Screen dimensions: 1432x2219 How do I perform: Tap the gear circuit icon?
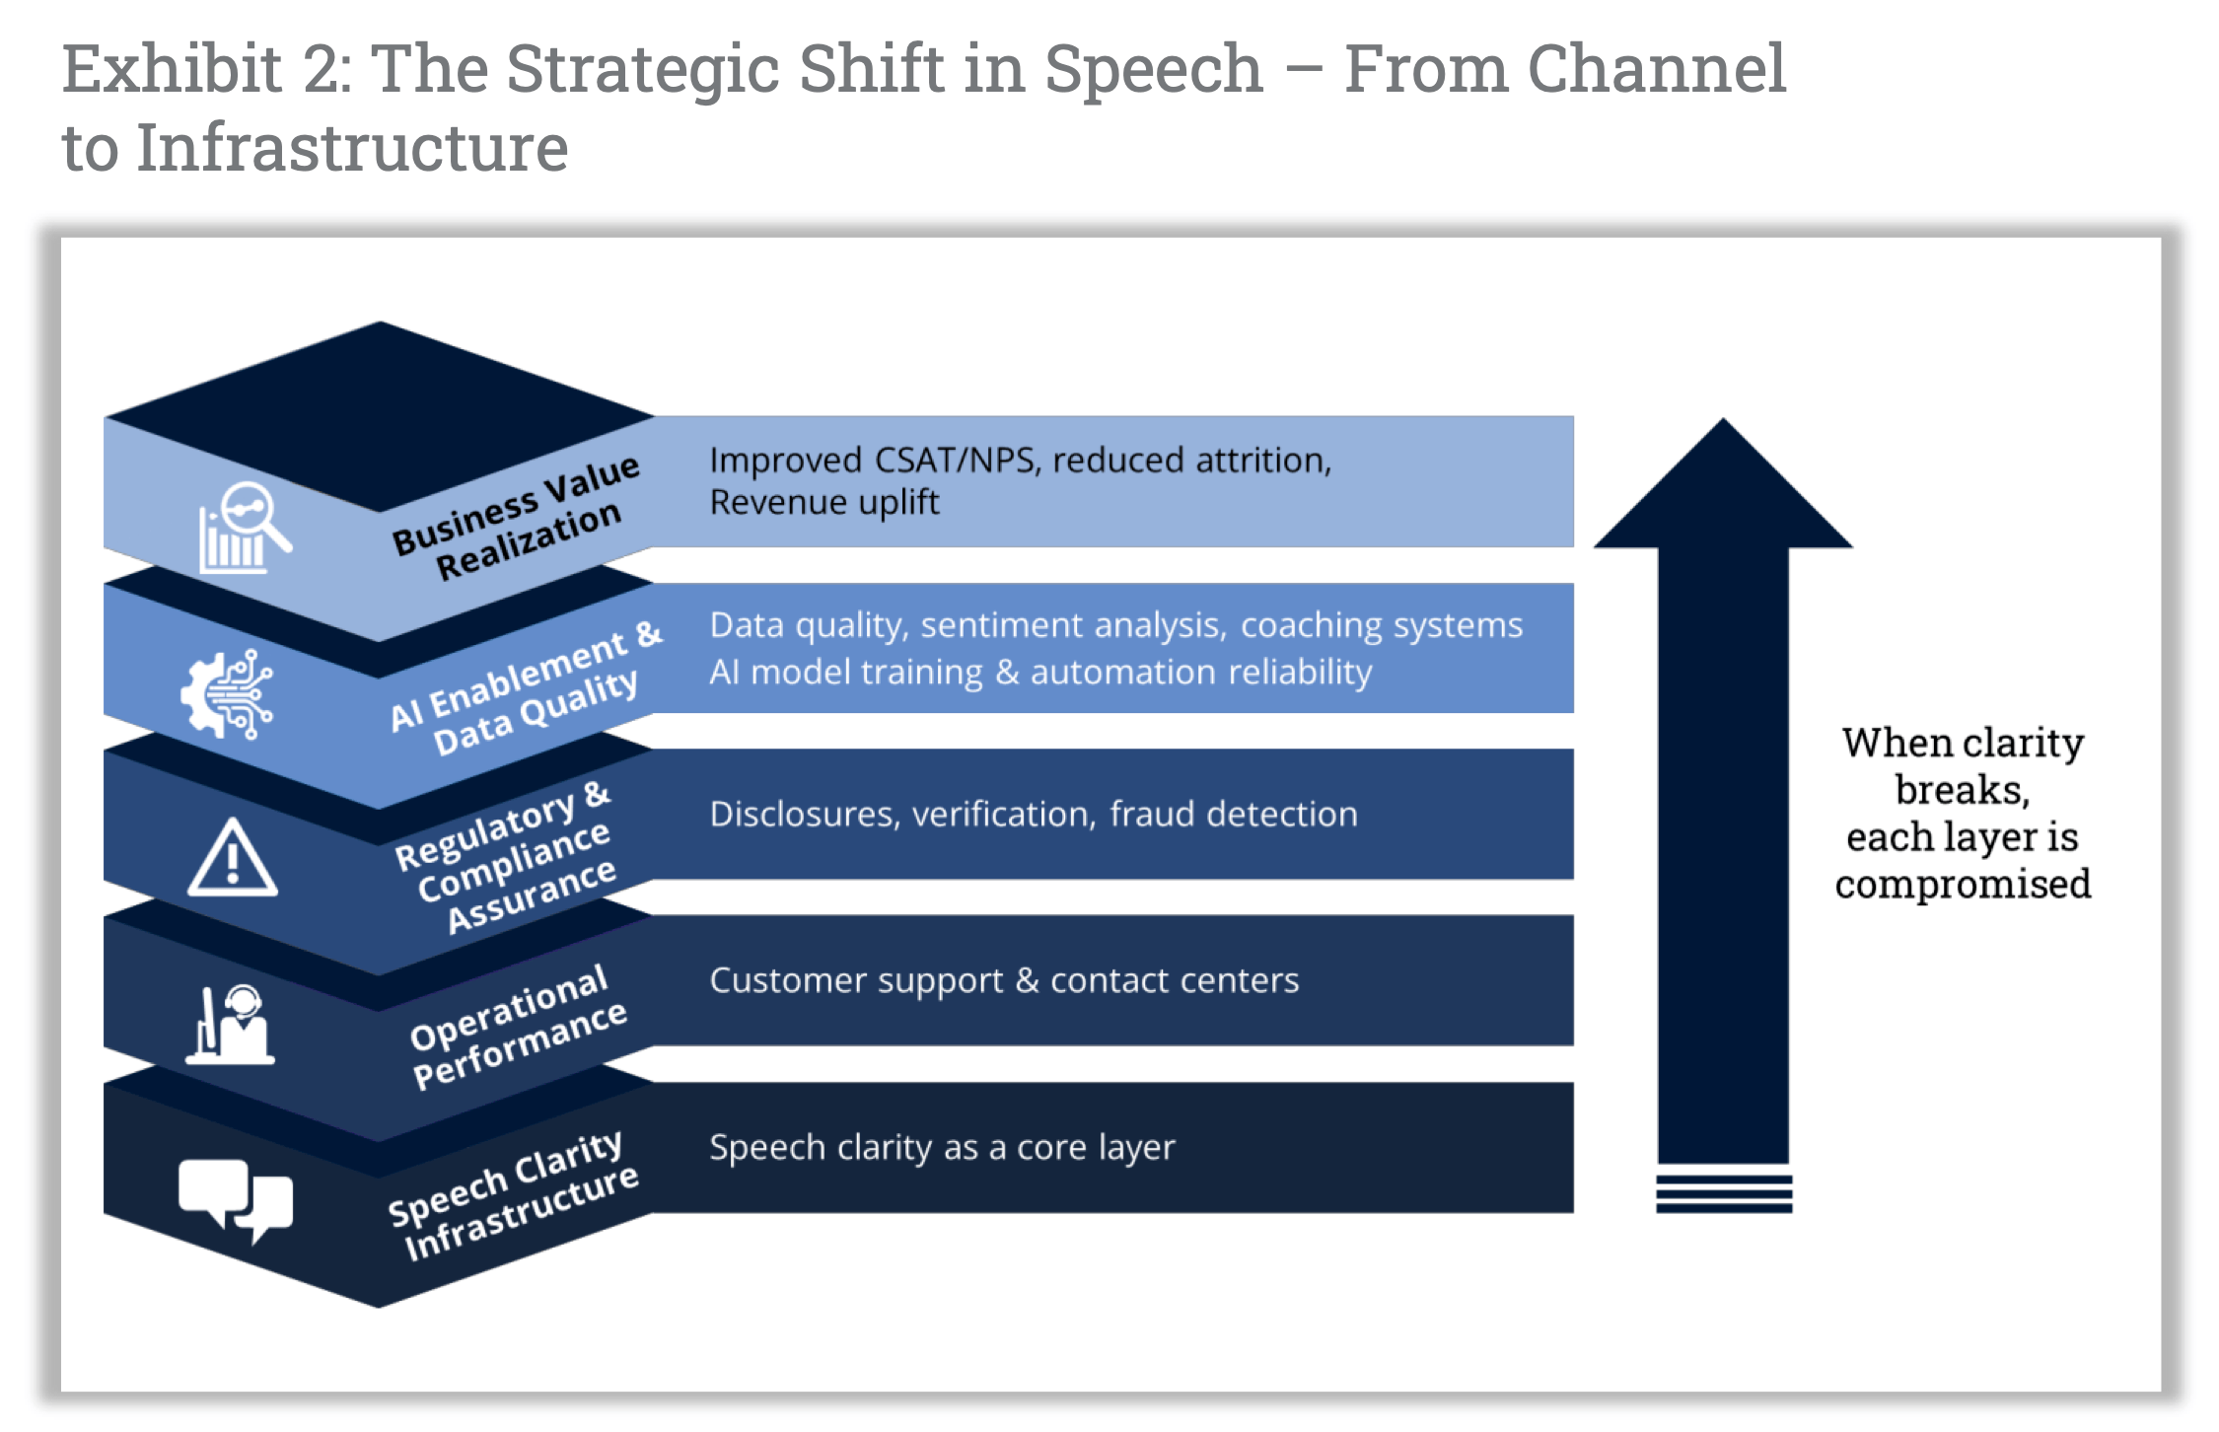[227, 694]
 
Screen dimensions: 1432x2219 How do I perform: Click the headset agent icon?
[231, 1026]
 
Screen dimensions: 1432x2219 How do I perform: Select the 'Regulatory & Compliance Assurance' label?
[507, 858]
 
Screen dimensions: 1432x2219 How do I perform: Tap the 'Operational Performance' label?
[517, 1028]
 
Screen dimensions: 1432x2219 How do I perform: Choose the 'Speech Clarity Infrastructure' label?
[513, 1195]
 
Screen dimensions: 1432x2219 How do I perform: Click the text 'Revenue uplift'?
[823, 503]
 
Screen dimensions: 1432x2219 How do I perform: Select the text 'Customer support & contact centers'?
[1004, 981]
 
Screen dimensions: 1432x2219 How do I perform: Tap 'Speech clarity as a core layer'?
[942, 1148]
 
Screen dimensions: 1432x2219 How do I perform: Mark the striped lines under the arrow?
[1724, 1192]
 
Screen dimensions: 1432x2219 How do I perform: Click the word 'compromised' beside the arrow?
[1963, 885]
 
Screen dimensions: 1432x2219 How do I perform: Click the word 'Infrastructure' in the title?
[352, 148]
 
